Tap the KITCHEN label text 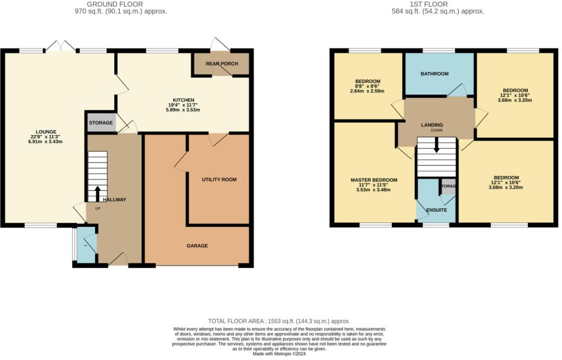(184, 100)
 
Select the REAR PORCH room (222, 64)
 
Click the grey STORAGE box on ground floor (101, 123)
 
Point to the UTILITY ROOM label (219, 180)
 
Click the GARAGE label (197, 246)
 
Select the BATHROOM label (434, 74)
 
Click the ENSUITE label (436, 210)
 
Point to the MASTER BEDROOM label (374, 180)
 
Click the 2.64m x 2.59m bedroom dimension (368, 91)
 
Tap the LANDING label (432, 125)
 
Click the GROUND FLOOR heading (115, 4)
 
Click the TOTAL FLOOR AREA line (279, 321)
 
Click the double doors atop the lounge (61, 46)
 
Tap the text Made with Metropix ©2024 (280, 354)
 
